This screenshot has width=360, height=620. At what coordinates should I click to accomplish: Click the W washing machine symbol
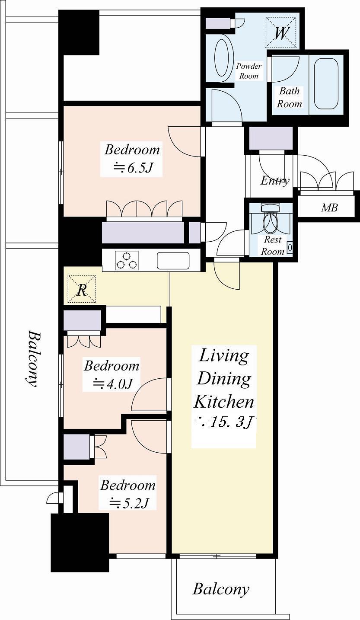281,33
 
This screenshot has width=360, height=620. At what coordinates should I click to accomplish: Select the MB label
329,208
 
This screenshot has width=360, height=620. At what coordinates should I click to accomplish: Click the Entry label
275,181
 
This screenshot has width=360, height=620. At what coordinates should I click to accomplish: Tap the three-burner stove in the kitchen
127,260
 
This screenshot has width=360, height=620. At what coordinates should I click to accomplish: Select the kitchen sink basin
173,260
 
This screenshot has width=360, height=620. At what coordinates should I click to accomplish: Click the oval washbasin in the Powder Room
222,58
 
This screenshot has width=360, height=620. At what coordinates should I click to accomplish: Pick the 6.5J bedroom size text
134,168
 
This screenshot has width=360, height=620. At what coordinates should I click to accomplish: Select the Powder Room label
248,71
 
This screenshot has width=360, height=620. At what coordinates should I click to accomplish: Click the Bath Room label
290,97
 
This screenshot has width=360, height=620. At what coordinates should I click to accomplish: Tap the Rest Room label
273,245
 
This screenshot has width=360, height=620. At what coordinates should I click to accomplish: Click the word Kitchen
224,402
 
